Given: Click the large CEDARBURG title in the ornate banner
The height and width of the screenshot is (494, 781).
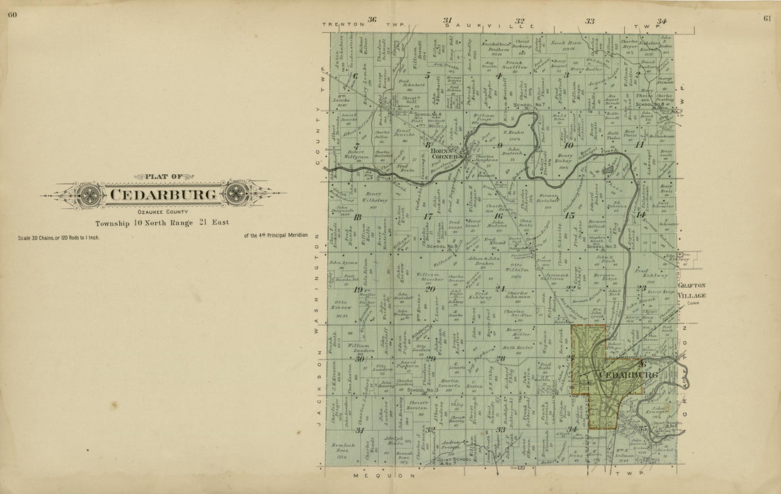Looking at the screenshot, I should (x=163, y=193).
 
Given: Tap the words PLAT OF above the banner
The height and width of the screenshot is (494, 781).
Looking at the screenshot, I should (x=163, y=176).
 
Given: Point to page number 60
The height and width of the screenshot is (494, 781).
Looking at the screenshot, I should (x=13, y=17).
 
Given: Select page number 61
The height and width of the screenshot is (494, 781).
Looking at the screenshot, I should (x=768, y=17).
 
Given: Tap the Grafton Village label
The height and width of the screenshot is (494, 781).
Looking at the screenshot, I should (x=693, y=291).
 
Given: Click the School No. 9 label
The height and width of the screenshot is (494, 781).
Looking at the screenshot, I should (x=442, y=246).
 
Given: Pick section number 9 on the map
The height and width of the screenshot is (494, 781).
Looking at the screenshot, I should (x=500, y=145).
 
